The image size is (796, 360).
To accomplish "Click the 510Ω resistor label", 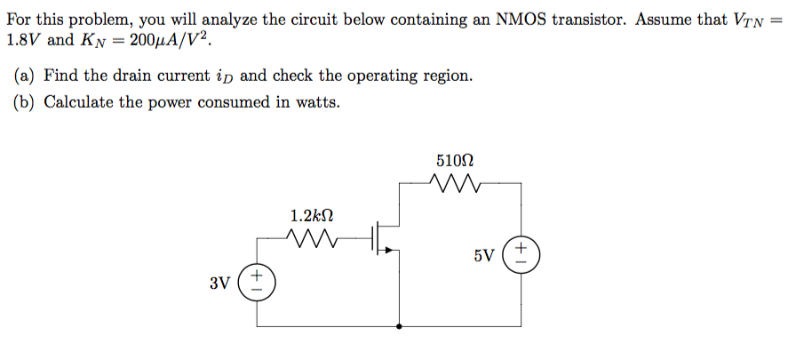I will click(455, 161).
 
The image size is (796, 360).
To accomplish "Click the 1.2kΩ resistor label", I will click(312, 215).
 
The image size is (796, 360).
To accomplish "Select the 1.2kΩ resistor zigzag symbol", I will click(312, 237).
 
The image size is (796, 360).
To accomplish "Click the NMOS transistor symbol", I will click(386, 238).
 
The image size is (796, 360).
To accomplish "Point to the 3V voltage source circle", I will click(259, 284).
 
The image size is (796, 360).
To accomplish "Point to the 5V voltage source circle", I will click(521, 255).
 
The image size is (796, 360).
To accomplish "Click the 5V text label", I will click(484, 256).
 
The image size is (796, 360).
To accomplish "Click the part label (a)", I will click(25, 76).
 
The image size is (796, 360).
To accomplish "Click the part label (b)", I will click(25, 102).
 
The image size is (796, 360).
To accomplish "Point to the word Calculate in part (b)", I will click(78, 102).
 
